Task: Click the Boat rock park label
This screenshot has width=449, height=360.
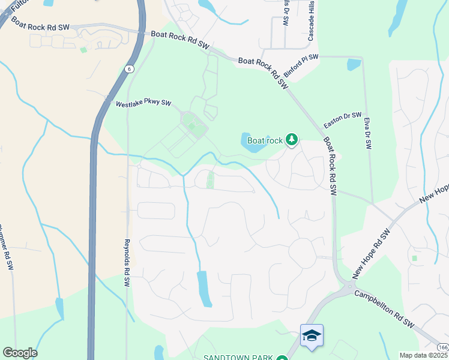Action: tap(265, 140)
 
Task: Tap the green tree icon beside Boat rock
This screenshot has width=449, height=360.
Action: tap(292, 140)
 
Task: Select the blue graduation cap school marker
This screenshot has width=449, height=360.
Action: tap(312, 335)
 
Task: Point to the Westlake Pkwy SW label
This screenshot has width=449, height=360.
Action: tap(143, 104)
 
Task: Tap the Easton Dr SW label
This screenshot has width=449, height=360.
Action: tap(343, 119)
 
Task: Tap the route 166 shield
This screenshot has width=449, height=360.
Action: tap(442, 347)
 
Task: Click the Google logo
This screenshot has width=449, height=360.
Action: tap(20, 353)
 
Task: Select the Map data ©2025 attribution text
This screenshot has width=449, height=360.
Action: tap(424, 355)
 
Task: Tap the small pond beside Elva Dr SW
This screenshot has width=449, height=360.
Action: tap(354, 64)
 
